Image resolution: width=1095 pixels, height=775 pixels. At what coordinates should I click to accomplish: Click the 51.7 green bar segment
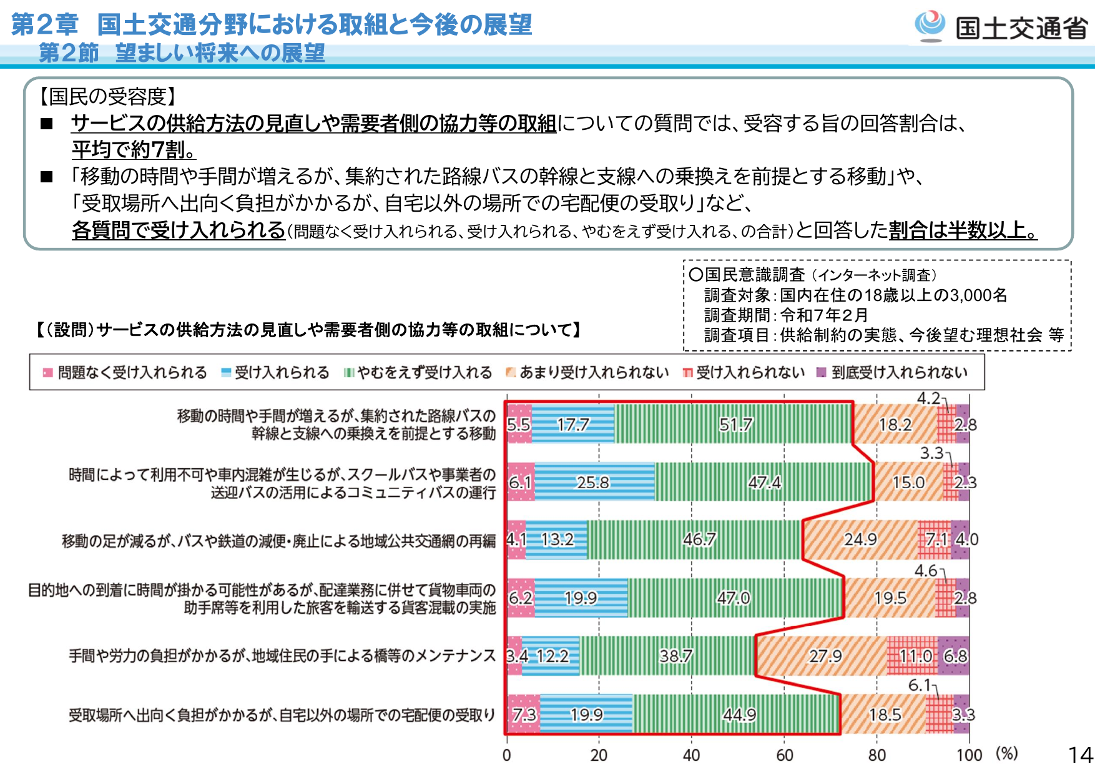click(x=733, y=424)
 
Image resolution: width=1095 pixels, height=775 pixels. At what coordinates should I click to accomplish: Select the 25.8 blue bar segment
click(x=594, y=482)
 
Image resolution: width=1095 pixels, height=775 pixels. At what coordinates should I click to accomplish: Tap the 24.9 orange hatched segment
click(x=860, y=540)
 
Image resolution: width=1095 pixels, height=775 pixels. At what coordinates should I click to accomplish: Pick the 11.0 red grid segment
click(x=913, y=656)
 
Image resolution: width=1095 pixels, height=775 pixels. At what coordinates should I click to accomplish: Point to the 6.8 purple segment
click(x=954, y=656)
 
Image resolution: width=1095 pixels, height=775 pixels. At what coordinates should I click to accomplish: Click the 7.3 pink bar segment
click(x=523, y=714)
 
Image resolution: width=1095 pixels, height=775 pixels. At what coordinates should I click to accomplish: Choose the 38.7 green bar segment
click(x=668, y=656)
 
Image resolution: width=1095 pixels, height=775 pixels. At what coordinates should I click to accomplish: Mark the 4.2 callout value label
click(x=928, y=398)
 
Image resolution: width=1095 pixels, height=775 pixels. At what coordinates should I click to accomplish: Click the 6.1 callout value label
click(x=920, y=685)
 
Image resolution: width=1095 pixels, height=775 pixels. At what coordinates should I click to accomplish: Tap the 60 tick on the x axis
click(x=784, y=756)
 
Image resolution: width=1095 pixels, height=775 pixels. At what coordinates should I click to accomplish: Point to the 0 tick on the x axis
click(x=506, y=756)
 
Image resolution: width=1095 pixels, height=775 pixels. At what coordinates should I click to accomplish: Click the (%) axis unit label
click(x=1006, y=753)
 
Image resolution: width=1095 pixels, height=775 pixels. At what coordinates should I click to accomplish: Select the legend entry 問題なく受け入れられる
click(x=125, y=373)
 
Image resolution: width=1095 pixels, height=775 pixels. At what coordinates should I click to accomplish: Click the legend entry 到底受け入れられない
click(x=893, y=373)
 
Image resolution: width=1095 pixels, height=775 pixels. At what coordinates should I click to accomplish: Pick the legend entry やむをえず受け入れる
click(x=418, y=373)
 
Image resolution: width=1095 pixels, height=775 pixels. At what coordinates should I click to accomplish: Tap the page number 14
click(x=1080, y=756)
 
